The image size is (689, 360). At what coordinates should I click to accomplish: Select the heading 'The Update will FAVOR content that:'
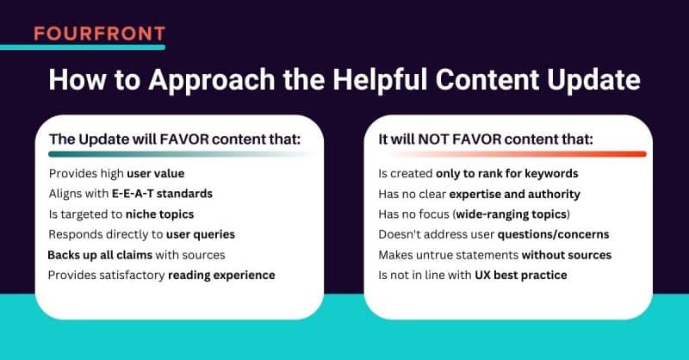(179, 140)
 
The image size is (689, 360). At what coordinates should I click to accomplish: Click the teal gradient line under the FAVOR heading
(172, 155)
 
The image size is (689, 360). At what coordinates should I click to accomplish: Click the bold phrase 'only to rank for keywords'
(507, 173)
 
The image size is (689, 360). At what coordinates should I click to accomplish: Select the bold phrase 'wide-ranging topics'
(515, 214)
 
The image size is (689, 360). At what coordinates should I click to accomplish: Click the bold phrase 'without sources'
(566, 254)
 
